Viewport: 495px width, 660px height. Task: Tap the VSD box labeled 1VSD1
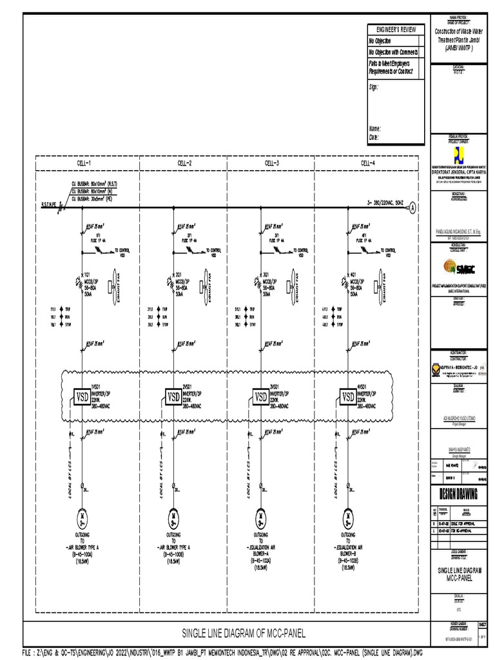coord(82,396)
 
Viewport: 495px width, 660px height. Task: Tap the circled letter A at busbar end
coord(413,207)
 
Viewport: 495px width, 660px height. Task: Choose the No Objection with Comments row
coord(393,52)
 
